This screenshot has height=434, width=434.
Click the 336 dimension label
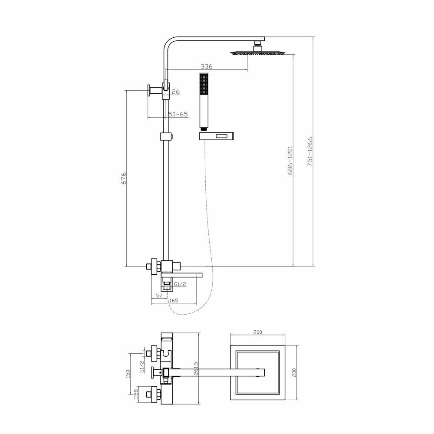[206, 66]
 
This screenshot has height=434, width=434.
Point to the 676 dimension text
[124, 179]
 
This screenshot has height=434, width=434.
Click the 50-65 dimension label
[178, 114]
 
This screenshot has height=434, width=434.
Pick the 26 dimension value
[176, 92]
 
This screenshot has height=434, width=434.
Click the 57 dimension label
[159, 295]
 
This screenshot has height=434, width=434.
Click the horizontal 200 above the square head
[257, 332]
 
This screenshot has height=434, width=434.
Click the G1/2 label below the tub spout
[180, 284]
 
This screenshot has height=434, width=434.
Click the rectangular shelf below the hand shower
[217, 136]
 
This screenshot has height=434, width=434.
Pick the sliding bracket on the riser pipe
[165, 137]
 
